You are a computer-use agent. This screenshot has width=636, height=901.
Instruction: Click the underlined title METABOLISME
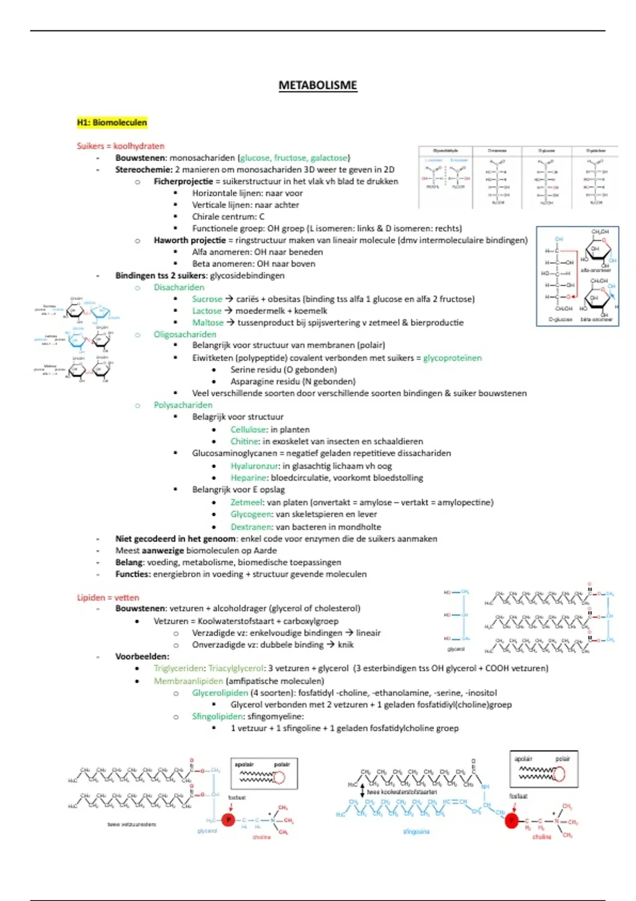(317, 85)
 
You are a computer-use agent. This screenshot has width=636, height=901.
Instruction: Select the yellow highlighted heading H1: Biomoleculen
(112, 122)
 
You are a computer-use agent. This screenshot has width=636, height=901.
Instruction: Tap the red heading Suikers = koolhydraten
(120, 146)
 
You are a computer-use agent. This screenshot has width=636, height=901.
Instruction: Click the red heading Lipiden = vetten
(108, 597)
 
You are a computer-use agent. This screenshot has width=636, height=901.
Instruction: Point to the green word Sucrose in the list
(207, 299)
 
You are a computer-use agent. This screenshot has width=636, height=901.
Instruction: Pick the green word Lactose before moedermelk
(207, 311)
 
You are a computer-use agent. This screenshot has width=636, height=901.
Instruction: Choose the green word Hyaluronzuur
(254, 466)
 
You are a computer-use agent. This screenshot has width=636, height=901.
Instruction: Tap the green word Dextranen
(251, 527)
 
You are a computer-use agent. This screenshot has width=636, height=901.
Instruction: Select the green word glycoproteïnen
(452, 358)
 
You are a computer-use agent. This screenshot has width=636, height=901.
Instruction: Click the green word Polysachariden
(183, 405)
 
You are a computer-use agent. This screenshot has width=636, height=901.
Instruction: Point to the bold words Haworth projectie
(190, 240)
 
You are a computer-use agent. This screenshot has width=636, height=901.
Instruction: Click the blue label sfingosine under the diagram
(416, 832)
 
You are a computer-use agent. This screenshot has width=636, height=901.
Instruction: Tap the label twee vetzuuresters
(131, 824)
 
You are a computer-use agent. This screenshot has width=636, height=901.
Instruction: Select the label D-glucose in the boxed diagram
(560, 320)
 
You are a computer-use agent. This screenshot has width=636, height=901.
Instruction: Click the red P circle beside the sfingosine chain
(511, 820)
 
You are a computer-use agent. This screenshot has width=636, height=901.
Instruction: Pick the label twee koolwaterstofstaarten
(402, 792)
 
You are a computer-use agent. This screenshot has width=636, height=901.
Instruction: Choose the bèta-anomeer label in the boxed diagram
(596, 320)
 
